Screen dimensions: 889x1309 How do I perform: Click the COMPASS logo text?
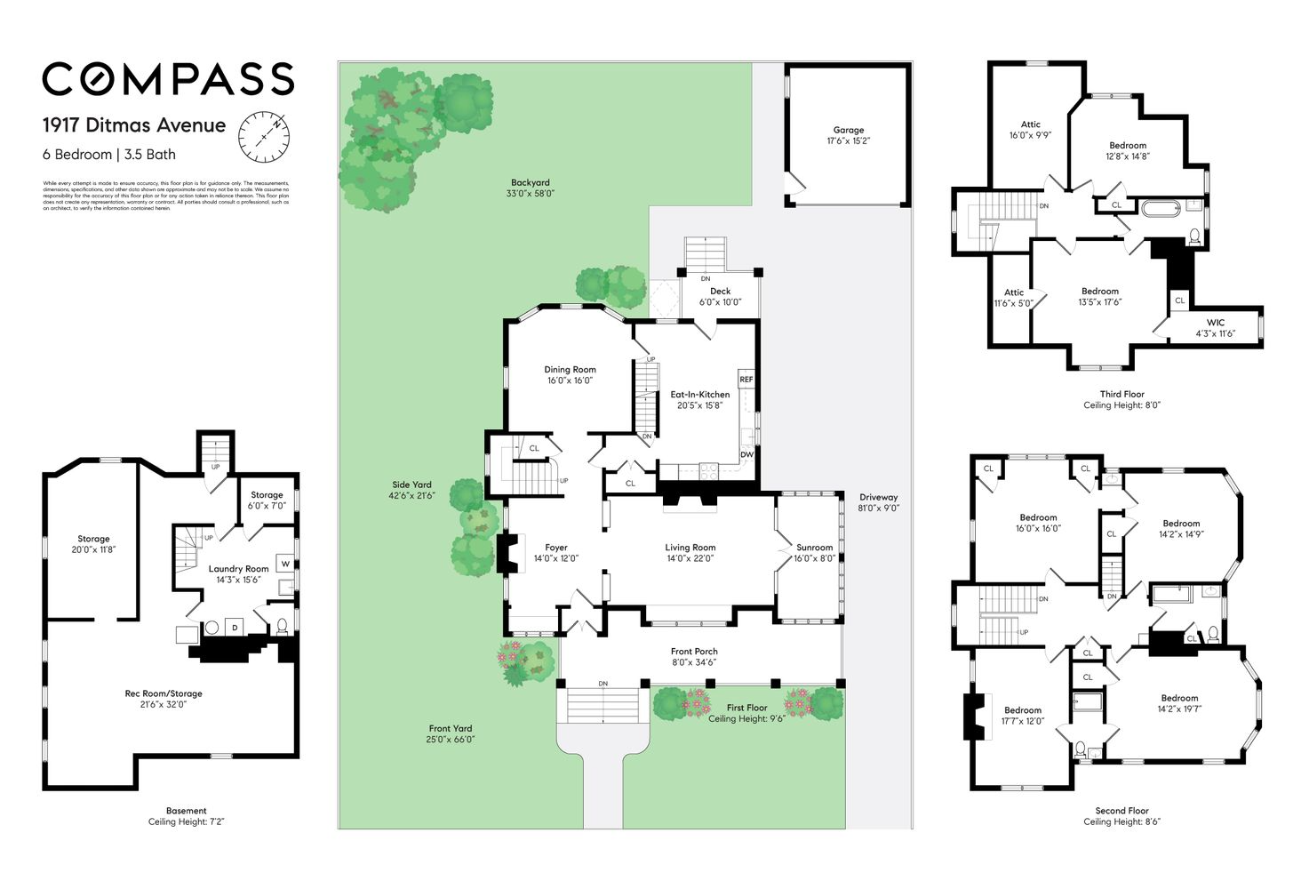168,79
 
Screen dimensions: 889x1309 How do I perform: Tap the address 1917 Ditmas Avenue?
134,125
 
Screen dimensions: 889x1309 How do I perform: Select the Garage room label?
848,130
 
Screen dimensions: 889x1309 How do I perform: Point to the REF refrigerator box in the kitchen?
746,380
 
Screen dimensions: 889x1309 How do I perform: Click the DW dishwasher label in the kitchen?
746,454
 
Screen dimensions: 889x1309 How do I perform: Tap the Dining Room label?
570,370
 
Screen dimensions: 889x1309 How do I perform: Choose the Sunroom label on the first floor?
814,548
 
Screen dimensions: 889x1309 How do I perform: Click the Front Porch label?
694,652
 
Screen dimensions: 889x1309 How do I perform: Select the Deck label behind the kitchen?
720,292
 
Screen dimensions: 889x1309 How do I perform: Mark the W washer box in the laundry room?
285,564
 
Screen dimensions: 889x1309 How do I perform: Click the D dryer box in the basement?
235,628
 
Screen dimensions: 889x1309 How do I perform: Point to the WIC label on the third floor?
1215,323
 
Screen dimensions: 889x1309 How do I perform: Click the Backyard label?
530,183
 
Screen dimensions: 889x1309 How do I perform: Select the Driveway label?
878,498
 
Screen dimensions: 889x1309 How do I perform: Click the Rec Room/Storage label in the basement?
164,693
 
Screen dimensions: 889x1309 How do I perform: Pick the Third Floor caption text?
1121,394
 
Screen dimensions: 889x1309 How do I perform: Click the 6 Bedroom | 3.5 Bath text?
109,155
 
